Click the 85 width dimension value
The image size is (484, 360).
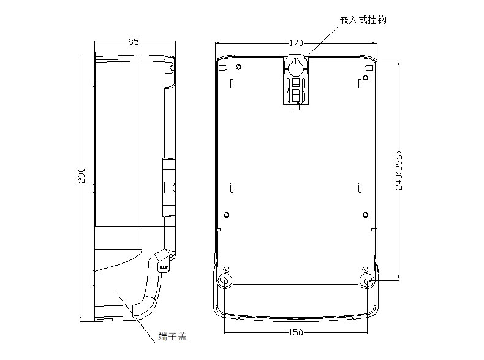[134, 42]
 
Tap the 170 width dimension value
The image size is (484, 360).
[296, 43]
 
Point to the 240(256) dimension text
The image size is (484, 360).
[399, 170]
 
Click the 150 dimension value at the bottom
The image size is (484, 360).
[296, 332]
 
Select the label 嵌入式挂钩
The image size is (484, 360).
[363, 20]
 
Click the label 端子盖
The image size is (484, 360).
[172, 337]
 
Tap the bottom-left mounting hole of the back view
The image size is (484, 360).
[224, 281]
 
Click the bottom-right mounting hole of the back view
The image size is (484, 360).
[368, 281]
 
